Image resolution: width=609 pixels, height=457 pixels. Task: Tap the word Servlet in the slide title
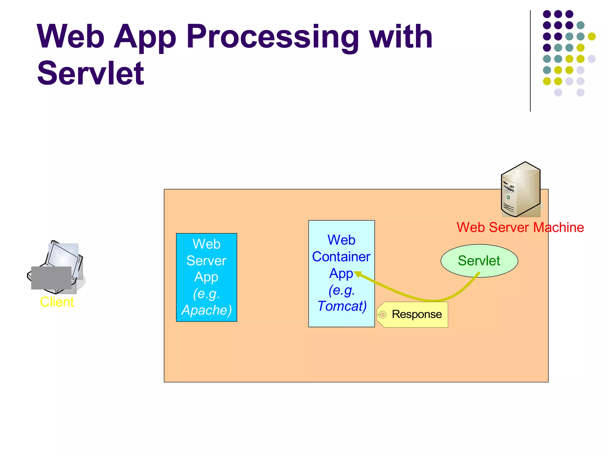tap(91, 73)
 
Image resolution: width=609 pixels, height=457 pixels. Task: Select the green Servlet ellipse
tap(479, 261)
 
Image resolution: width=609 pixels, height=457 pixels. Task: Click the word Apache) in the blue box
tap(206, 310)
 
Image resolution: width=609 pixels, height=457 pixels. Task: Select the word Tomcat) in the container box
tap(342, 306)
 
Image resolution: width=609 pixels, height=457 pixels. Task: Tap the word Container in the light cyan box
tap(341, 256)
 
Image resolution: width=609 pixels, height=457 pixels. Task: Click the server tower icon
tap(521, 190)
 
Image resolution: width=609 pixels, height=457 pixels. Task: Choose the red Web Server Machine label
tap(520, 227)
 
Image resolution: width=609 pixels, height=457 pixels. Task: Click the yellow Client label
tap(57, 302)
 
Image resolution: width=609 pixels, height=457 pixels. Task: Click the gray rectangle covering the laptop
tap(51, 278)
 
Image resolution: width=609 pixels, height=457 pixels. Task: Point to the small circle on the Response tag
tap(382, 314)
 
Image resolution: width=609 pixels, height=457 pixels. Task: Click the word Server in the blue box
tap(206, 261)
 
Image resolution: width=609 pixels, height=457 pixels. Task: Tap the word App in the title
tap(145, 37)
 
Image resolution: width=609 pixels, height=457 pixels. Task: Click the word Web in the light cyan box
tap(341, 240)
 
